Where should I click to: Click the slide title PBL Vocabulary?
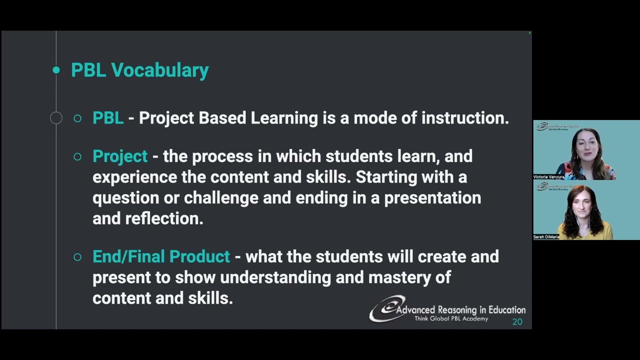(x=139, y=70)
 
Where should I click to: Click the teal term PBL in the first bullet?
(x=108, y=118)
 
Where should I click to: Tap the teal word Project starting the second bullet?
(x=120, y=156)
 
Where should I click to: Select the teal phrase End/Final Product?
(x=161, y=256)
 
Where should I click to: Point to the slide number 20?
(x=517, y=322)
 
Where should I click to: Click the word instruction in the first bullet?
(x=464, y=118)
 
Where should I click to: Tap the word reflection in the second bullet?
(x=164, y=218)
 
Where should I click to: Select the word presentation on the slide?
(x=432, y=198)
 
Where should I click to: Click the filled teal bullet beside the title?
(x=56, y=70)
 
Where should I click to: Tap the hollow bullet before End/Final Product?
(x=77, y=257)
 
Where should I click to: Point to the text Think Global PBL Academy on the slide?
(x=451, y=319)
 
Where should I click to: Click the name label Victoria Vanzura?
(x=548, y=177)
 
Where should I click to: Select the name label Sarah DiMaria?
(x=546, y=237)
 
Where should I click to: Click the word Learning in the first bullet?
(x=284, y=118)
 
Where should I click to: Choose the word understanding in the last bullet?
(x=275, y=277)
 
